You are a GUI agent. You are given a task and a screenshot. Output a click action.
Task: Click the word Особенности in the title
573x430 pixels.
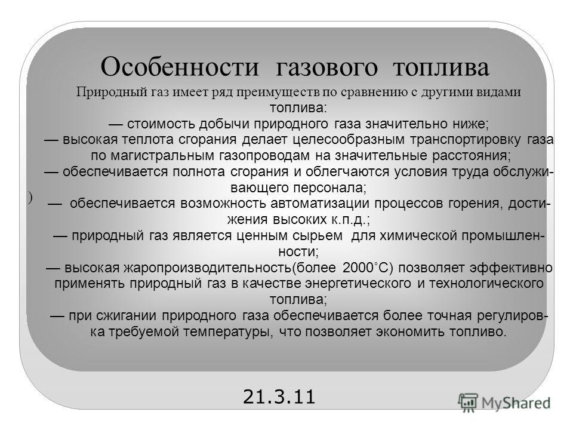180,67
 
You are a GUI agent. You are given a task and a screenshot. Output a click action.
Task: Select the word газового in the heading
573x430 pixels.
326,67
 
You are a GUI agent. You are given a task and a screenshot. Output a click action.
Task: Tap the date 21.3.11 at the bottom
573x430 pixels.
279,397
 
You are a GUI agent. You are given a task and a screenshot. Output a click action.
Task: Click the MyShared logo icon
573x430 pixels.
468,403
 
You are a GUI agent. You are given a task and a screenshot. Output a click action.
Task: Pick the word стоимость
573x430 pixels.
161,124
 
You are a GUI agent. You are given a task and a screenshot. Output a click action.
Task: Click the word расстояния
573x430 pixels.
472,156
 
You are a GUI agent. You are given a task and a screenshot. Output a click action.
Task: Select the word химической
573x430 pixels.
418,236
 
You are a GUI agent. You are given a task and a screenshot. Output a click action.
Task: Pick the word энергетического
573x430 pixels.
358,284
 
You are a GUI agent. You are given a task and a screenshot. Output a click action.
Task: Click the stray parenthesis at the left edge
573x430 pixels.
30,198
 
